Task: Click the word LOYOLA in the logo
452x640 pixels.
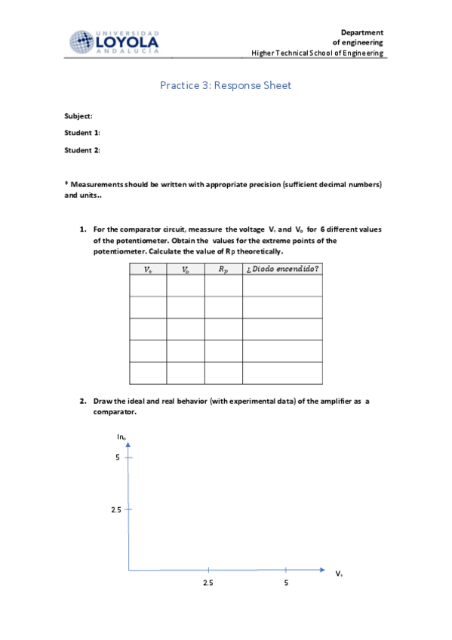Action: click(x=128, y=43)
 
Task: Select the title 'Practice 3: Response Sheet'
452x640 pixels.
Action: click(x=226, y=85)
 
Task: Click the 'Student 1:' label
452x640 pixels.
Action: click(x=82, y=133)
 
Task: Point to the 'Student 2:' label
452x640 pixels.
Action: click(x=82, y=150)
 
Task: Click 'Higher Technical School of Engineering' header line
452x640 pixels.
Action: click(x=318, y=54)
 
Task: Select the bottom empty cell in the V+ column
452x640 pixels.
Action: click(x=148, y=374)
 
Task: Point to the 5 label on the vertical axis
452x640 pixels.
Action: click(x=118, y=457)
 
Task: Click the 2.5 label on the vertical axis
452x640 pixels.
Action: click(x=116, y=510)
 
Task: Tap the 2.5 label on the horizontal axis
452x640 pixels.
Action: click(x=208, y=583)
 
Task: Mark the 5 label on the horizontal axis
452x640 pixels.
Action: click(x=286, y=583)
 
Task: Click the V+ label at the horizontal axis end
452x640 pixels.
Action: click(x=340, y=574)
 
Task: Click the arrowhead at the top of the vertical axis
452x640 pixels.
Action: click(x=129, y=443)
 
